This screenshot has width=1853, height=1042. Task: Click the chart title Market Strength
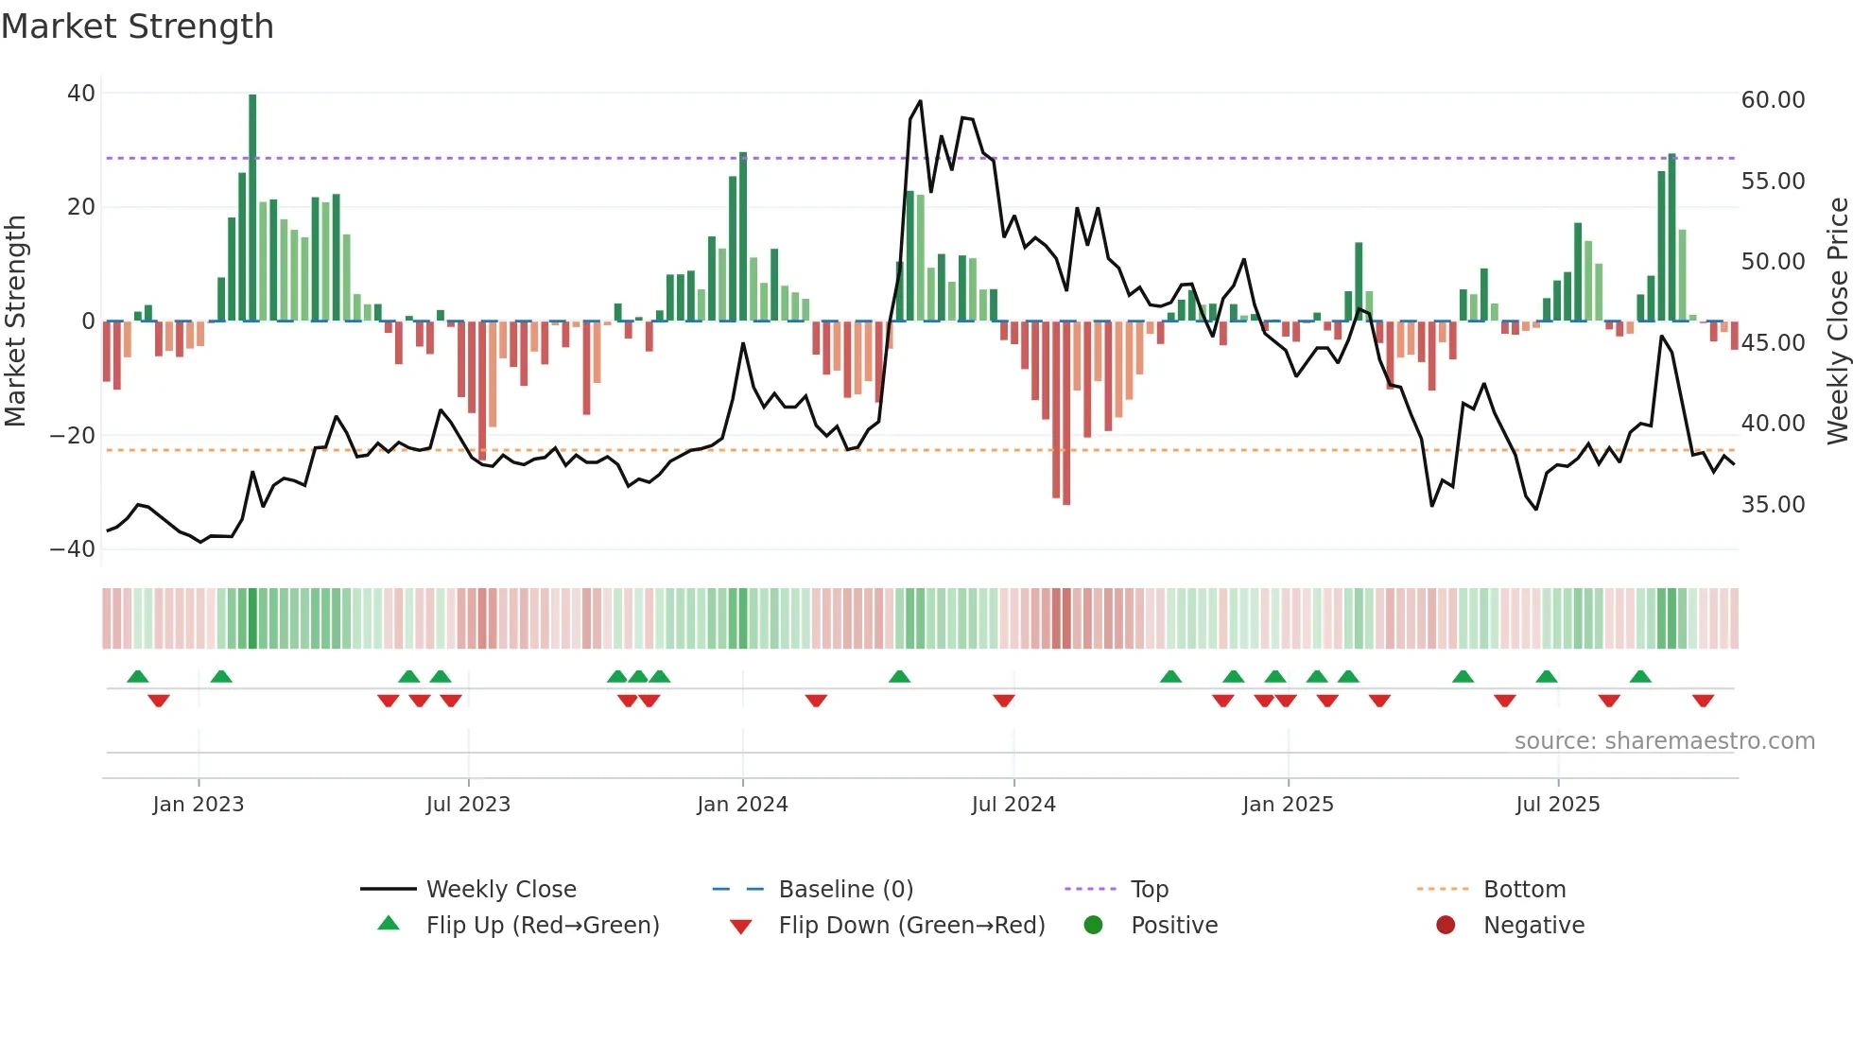pos(137,26)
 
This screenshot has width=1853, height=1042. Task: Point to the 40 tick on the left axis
pos(81,94)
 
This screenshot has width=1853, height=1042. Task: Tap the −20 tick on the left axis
pos(73,436)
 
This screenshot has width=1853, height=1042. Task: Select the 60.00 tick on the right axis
pos(1773,100)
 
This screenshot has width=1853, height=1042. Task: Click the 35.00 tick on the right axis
pos(1773,505)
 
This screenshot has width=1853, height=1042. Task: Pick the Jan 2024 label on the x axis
pos(742,805)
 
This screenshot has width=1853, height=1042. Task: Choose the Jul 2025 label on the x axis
pos(1557,805)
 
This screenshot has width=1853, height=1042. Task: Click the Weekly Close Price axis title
pos(1837,321)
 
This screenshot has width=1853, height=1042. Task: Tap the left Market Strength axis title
pos(16,321)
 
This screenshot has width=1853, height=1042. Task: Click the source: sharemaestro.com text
pos(1664,741)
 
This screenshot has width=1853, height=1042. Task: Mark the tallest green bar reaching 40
pos(252,208)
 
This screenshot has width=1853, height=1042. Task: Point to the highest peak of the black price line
pos(920,102)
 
